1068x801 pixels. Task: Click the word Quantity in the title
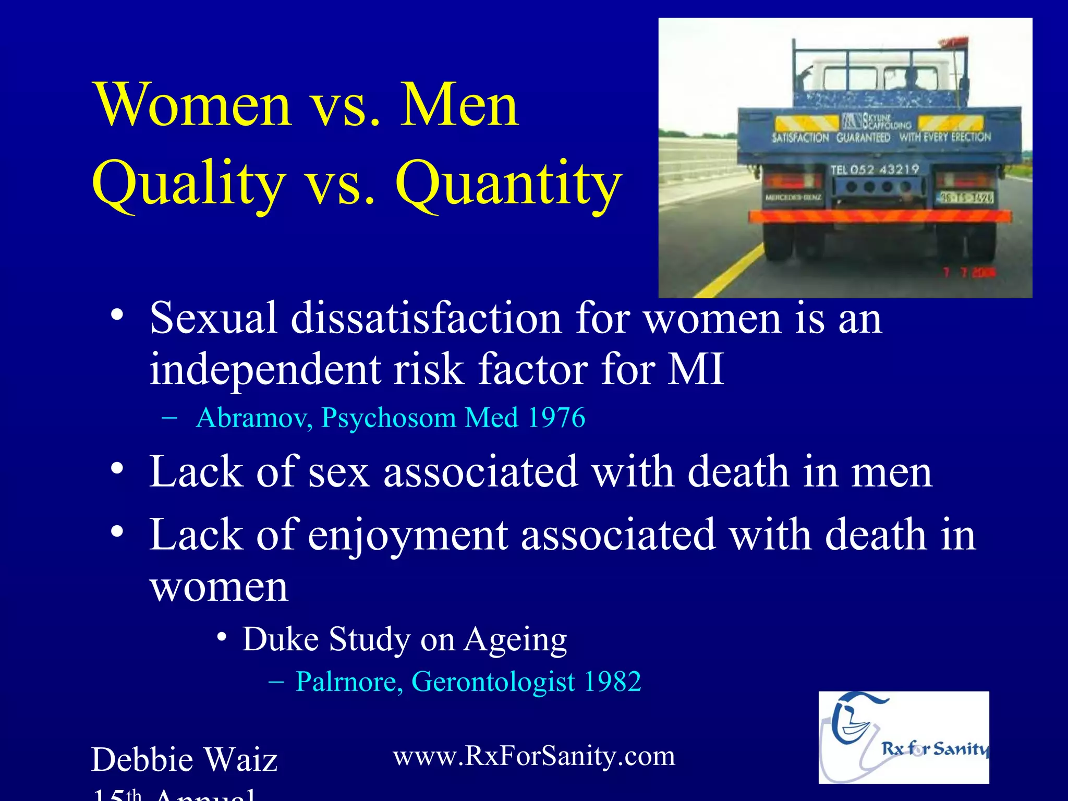[508, 184]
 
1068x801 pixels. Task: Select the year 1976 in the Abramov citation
[556, 418]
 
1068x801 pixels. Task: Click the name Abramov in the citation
[253, 418]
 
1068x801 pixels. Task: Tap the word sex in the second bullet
[339, 471]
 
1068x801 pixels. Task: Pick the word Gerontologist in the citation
[493, 681]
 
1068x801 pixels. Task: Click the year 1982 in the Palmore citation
[612, 681]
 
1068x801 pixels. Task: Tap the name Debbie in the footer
[142, 759]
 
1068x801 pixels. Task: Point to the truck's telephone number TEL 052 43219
[875, 169]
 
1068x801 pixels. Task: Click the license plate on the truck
[966, 197]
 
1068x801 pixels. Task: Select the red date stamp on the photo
[969, 272]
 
